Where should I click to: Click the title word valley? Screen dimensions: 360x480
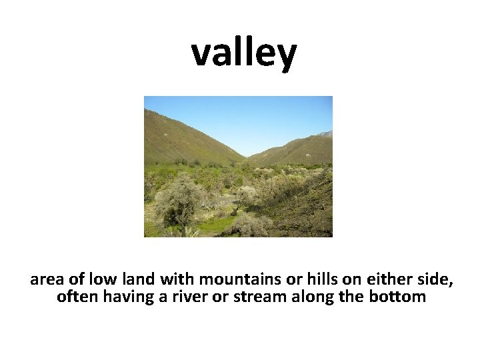click(x=243, y=53)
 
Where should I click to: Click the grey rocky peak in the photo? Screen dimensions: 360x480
click(x=325, y=134)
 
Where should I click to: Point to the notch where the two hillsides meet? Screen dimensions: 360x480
click(x=247, y=157)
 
